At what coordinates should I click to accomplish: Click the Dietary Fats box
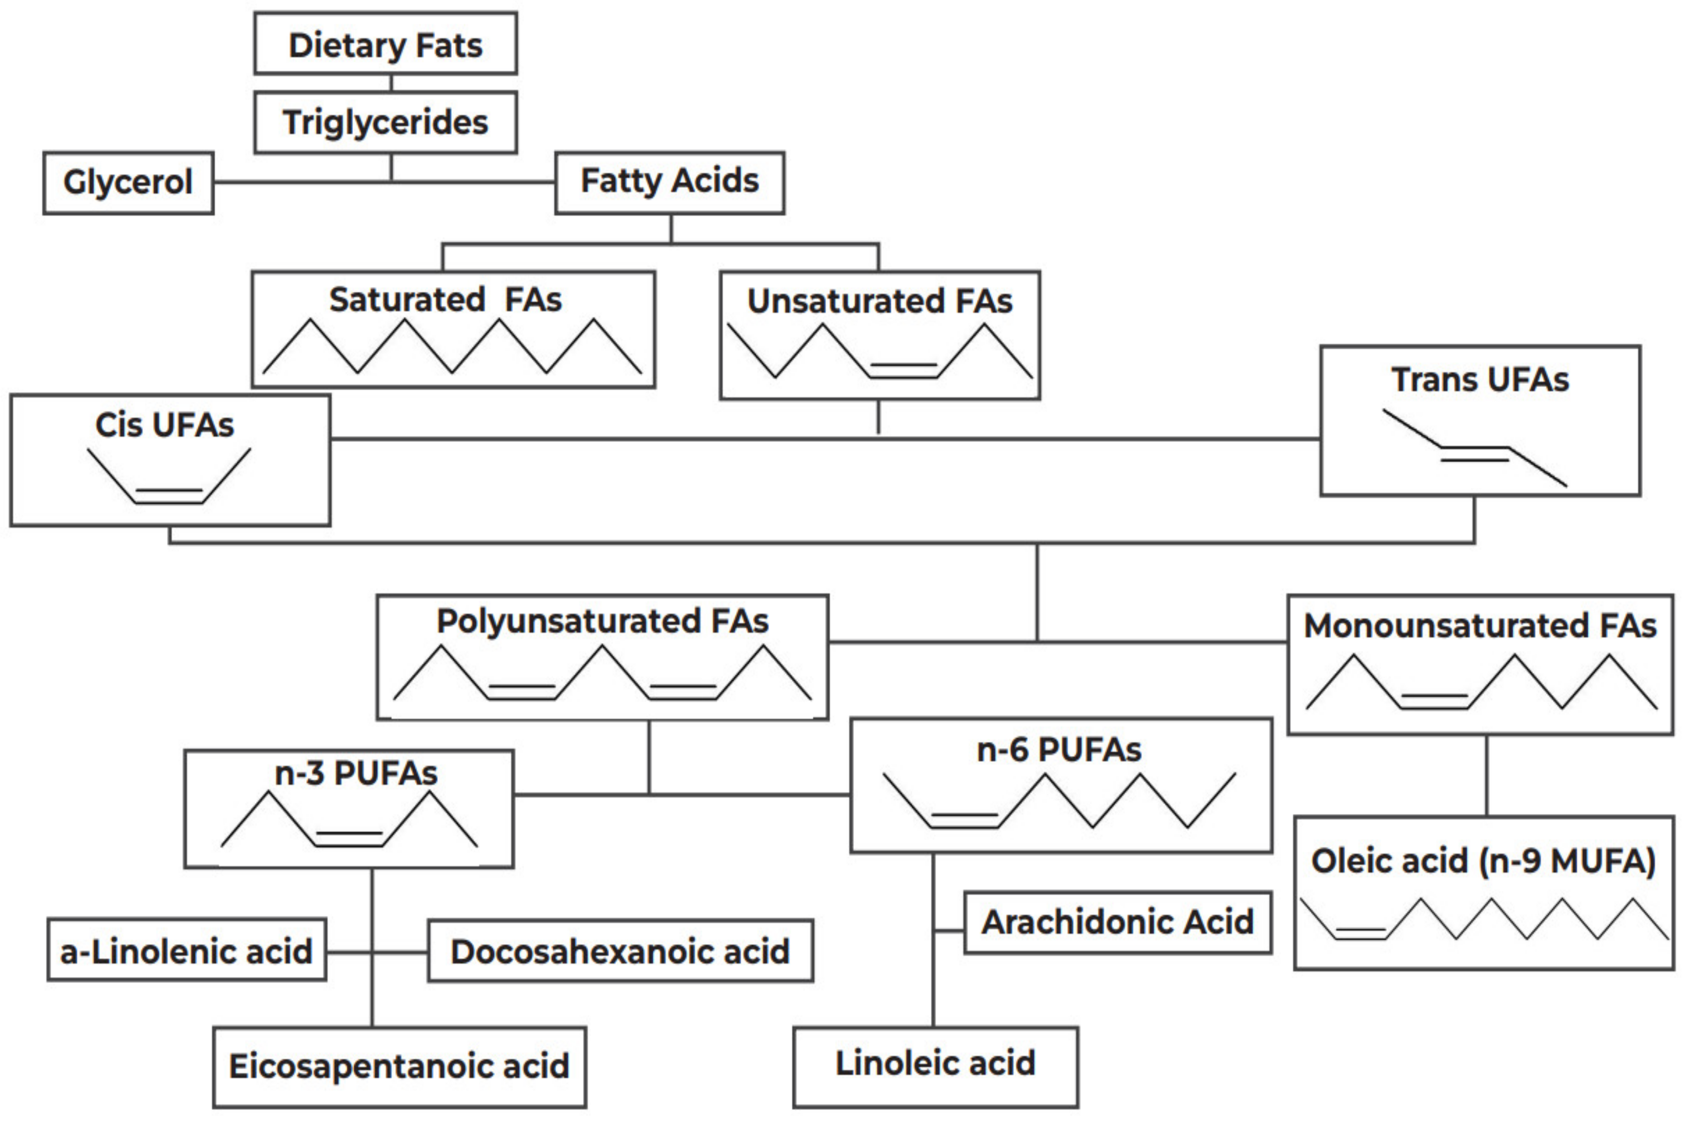click(x=385, y=45)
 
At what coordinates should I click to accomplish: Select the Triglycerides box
click(x=385, y=122)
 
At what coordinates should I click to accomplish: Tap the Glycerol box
click(x=128, y=182)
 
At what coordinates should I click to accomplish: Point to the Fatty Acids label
click(x=669, y=181)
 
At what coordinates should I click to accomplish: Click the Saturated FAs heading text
click(x=445, y=299)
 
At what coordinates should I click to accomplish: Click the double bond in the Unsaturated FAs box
click(x=903, y=371)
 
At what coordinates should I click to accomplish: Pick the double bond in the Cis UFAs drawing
click(x=170, y=496)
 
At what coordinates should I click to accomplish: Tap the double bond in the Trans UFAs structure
click(x=1475, y=454)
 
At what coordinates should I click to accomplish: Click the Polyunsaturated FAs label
click(x=602, y=621)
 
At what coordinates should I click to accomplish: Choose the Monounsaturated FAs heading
click(x=1479, y=626)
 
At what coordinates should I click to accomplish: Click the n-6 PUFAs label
click(x=1059, y=750)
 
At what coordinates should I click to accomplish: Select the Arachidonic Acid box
click(x=1117, y=922)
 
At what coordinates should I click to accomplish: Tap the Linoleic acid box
click(x=935, y=1064)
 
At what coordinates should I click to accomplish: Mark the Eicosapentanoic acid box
click(x=399, y=1066)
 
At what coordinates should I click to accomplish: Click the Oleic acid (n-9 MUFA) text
click(x=1483, y=862)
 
